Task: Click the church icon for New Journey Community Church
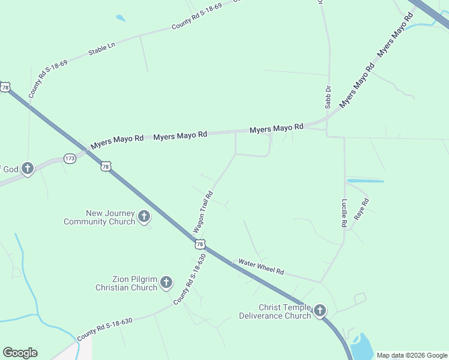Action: click(x=143, y=217)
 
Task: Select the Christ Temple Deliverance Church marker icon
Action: click(x=320, y=310)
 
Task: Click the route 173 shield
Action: click(x=70, y=159)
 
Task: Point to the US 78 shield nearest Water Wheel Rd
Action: click(x=200, y=244)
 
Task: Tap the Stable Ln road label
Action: click(x=101, y=49)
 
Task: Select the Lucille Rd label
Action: click(x=345, y=212)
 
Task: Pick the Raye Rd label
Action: click(x=361, y=209)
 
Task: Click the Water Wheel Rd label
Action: click(x=261, y=266)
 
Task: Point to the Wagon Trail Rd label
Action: click(x=203, y=212)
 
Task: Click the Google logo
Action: click(x=20, y=353)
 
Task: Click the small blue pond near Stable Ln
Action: click(x=121, y=18)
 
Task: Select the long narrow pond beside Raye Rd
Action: click(x=365, y=181)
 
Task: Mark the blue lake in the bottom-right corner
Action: click(x=363, y=347)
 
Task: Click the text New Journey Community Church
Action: click(x=100, y=217)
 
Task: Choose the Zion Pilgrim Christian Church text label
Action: click(x=127, y=283)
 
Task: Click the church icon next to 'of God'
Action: click(x=28, y=169)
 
